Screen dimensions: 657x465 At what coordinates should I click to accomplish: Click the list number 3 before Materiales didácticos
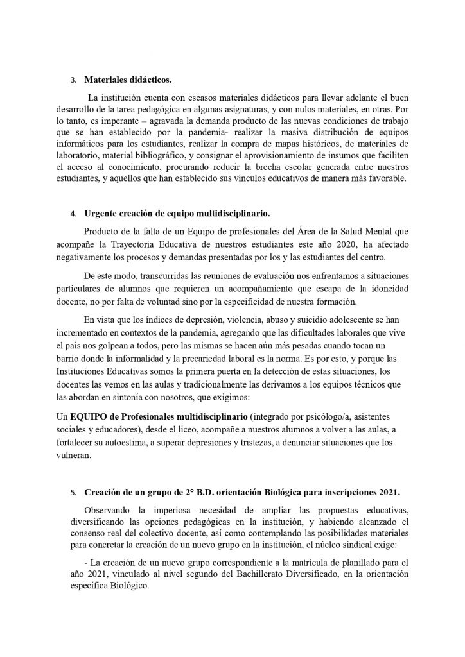[73, 81]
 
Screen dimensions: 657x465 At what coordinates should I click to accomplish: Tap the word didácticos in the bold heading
[149, 81]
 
